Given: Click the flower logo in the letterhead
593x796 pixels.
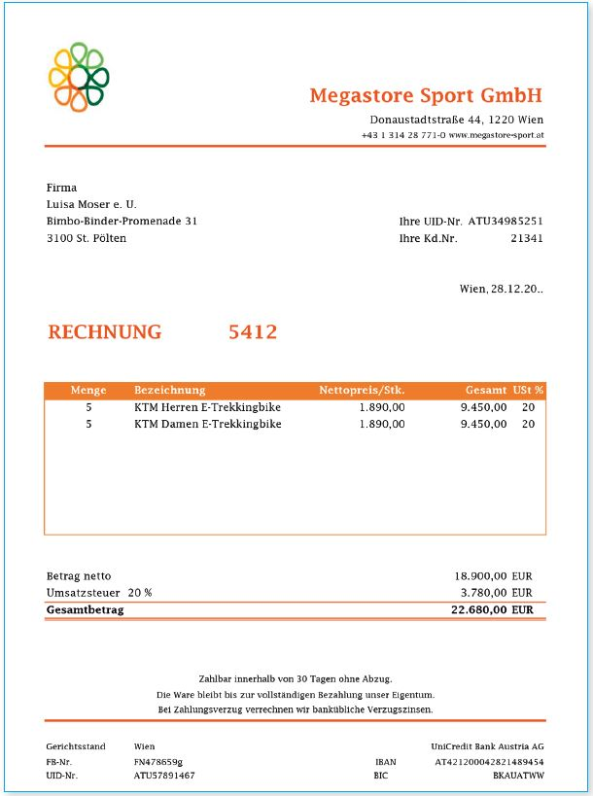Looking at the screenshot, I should point(77,75).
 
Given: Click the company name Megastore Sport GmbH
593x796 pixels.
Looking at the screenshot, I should point(426,95).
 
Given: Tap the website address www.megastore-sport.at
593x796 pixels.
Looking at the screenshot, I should point(496,135).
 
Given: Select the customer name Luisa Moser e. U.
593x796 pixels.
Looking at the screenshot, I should point(91,204).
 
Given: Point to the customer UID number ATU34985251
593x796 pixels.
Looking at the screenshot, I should point(505,222).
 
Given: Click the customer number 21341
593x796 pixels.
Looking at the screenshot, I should point(526,238).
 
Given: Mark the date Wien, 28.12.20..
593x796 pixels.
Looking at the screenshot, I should point(501,289).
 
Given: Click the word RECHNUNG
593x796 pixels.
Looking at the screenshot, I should point(105,332).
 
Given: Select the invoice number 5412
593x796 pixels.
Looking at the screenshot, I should point(253,332).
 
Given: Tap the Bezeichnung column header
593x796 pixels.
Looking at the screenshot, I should point(169,391).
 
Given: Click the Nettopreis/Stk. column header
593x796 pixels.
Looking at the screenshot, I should point(362,391).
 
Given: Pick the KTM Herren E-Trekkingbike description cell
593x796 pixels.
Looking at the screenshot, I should point(207,407).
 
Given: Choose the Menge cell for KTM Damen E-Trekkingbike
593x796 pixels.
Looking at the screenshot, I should point(88,425).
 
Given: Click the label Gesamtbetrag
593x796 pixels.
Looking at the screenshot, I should point(85,610).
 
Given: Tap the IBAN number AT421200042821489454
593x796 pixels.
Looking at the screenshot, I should point(489,762).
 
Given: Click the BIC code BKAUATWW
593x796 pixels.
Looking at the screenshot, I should point(518,776).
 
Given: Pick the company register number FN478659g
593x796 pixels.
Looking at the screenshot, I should point(158,762).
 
